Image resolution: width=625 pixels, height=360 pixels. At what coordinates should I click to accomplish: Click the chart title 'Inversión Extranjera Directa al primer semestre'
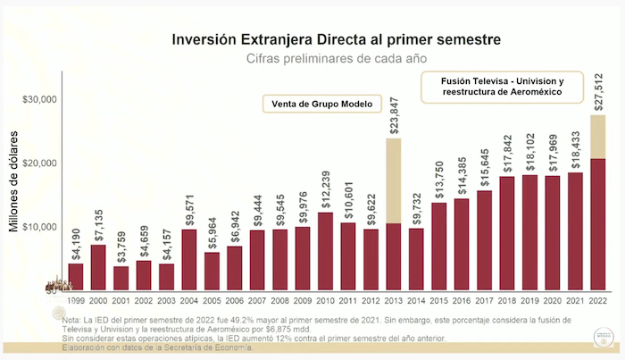tap(323, 39)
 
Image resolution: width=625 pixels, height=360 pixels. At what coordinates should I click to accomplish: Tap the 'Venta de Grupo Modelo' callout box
tap(322, 104)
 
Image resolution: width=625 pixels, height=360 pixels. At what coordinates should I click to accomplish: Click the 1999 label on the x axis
tap(76, 301)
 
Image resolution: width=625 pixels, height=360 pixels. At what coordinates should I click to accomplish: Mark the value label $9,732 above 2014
tap(417, 205)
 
